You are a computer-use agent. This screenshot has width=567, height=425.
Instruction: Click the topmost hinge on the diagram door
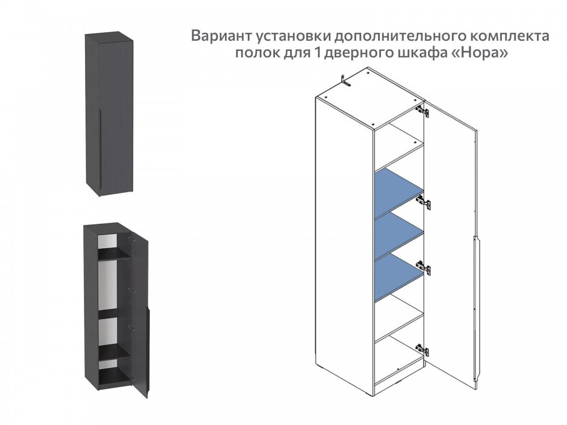pos(423,110)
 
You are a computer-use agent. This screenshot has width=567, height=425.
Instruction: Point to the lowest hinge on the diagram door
pos(422,350)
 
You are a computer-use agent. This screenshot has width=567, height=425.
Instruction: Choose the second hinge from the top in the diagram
pos(424,202)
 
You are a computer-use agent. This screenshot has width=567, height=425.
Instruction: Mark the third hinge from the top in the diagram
pos(423,268)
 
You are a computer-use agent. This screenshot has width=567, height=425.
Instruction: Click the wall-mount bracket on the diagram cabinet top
pos(345,80)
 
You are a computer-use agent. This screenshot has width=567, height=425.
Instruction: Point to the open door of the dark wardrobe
pos(139,314)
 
